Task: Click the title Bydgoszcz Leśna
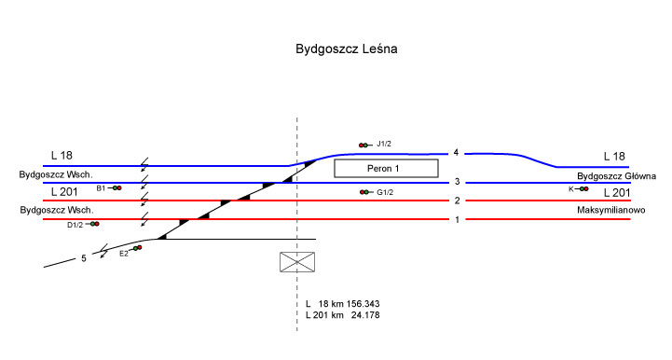pyautogui.click(x=347, y=48)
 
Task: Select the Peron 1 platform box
pyautogui.click(x=386, y=168)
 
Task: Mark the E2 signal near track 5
pyautogui.click(x=135, y=248)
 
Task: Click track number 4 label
pyautogui.click(x=456, y=153)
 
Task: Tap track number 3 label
pyautogui.click(x=458, y=182)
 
